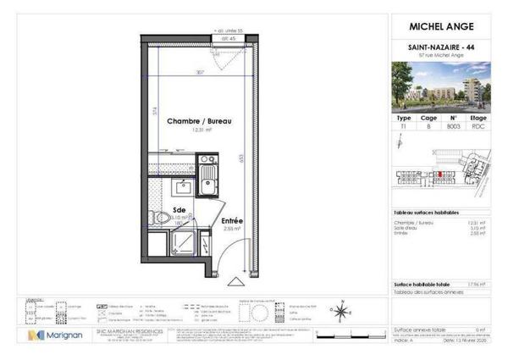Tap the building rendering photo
pos(441,87)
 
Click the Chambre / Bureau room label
pos(199,122)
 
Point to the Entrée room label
pos(231,220)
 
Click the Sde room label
pos(179,209)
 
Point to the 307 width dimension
pos(200,72)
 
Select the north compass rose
pos(340,312)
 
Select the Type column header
pos(405,119)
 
